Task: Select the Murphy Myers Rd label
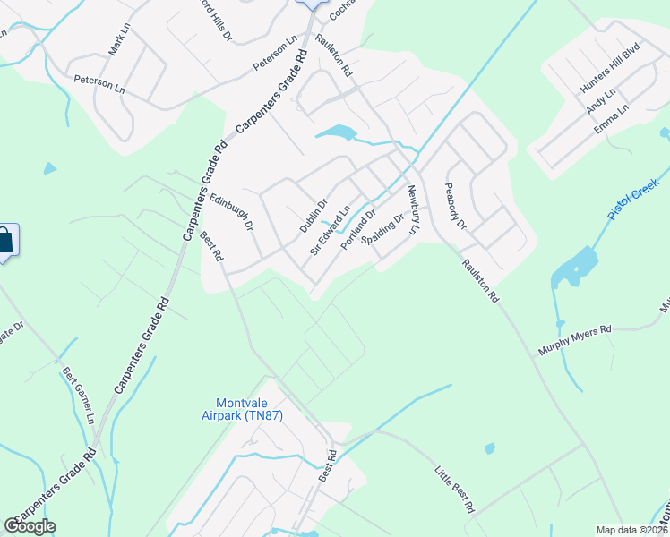(575, 341)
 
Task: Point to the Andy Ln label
(600, 100)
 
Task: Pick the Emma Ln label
(612, 119)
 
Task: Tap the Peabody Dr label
(456, 207)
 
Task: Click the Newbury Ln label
(413, 209)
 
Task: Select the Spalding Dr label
(377, 229)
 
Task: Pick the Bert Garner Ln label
(78, 394)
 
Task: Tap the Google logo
(30, 526)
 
